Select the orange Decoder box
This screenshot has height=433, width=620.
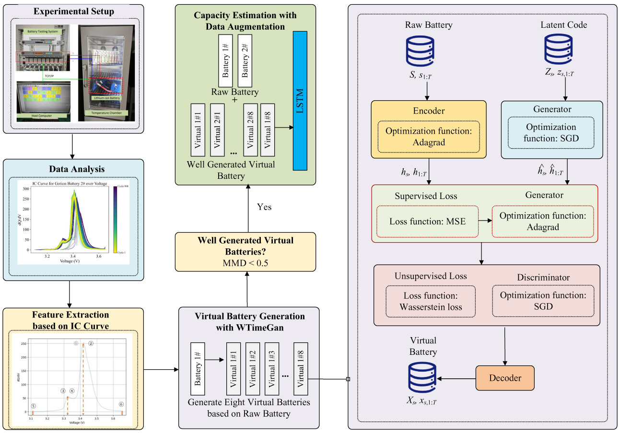click(x=505, y=378)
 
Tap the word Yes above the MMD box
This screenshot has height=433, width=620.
click(x=264, y=207)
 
